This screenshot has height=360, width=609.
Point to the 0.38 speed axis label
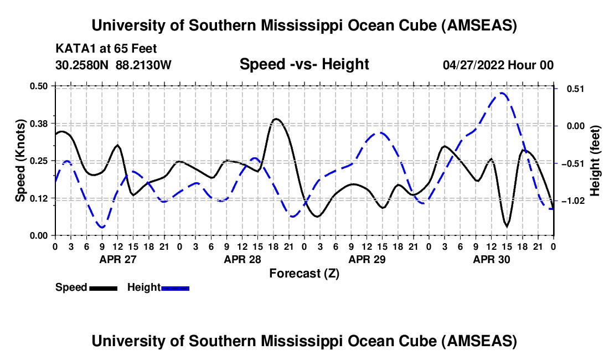[x=40, y=123]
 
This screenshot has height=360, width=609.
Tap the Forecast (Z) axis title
[x=304, y=273]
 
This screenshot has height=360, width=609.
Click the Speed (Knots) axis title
[x=20, y=161]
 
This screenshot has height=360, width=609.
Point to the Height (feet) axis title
[x=595, y=161]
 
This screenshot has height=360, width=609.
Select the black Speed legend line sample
[x=103, y=287]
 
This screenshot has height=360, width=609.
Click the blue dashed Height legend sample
[x=175, y=287]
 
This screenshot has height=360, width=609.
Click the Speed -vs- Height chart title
[x=304, y=64]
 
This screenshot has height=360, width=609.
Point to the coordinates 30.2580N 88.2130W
[x=113, y=65]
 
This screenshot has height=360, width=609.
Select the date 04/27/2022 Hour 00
[x=498, y=65]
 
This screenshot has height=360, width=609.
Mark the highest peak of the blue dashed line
[x=502, y=93]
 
